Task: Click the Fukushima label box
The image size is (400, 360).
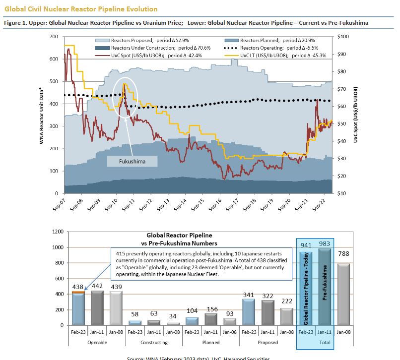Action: tap(133, 161)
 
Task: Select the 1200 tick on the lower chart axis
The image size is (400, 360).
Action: tap(58, 232)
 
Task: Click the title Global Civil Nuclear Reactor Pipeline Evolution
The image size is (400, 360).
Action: tap(81, 9)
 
